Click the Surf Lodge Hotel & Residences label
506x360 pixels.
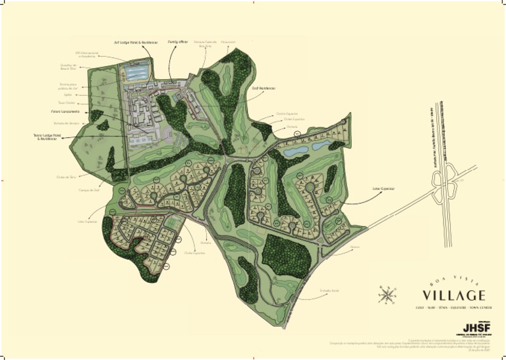[136, 42]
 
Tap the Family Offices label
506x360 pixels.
[179, 42]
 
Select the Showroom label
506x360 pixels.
[229, 42]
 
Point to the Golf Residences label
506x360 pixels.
[263, 88]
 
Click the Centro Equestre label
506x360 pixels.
[288, 113]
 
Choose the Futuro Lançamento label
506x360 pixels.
[65, 111]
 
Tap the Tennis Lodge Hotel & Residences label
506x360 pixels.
[48, 136]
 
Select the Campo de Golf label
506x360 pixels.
[88, 190]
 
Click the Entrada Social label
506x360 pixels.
[328, 290]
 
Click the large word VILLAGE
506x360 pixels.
[455, 295]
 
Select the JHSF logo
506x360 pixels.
[476, 328]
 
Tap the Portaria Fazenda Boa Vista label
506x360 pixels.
[205, 44]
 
